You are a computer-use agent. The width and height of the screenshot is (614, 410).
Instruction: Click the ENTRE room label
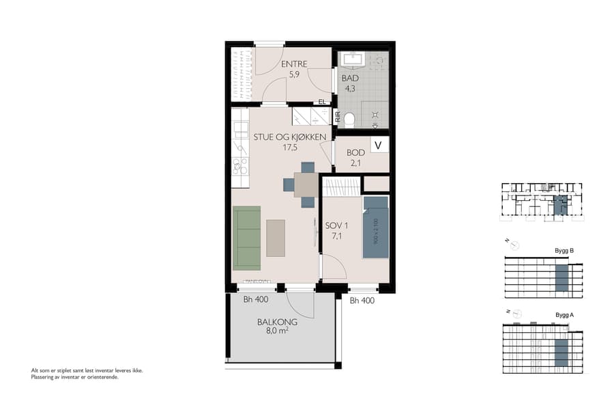294,64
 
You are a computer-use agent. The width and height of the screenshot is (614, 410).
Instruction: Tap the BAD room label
350,79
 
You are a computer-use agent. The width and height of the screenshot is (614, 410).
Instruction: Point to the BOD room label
355,152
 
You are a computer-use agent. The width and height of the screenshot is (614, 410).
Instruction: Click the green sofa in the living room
247,237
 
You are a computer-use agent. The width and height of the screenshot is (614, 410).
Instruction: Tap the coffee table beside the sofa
276,237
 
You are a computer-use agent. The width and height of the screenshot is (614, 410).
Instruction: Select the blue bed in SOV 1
375,227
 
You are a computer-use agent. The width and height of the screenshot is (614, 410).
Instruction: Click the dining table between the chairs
306,184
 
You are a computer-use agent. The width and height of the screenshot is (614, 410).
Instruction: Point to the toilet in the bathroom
349,120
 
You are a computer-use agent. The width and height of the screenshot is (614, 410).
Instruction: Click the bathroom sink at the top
353,59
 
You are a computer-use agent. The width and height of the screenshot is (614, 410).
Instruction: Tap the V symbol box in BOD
379,145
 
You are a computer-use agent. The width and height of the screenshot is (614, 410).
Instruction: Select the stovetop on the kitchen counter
240,165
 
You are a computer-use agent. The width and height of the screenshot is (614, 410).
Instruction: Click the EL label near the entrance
322,102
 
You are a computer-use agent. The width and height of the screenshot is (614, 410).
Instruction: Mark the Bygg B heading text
564,251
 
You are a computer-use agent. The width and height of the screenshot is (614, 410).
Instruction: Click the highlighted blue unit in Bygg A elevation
561,353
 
